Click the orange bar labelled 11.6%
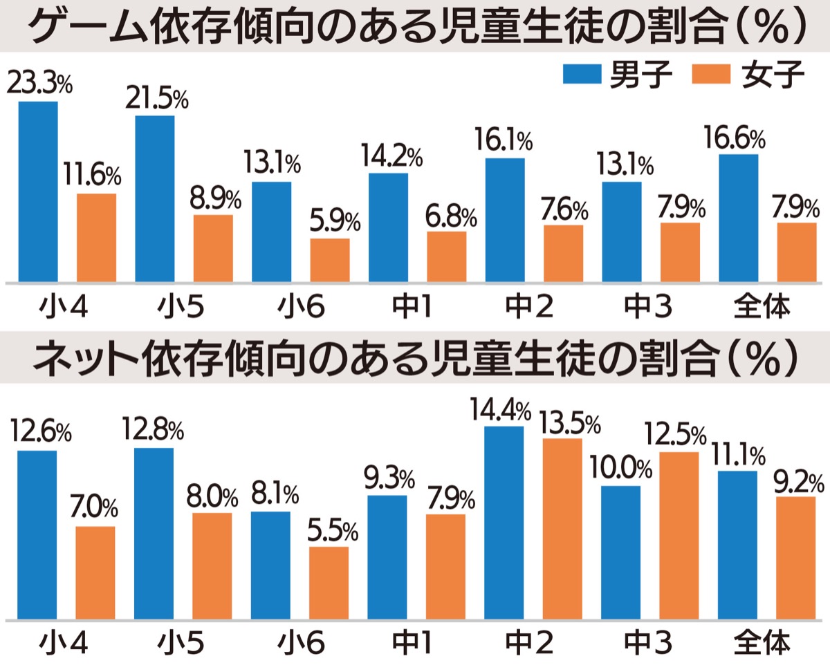pos(96,238)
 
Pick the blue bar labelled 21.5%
pos(155,199)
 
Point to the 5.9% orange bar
pos(330,261)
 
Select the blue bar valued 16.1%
pos(505,221)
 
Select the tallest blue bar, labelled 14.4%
pos(504,523)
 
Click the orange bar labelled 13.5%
pos(562,529)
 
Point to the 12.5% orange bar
pos(680,536)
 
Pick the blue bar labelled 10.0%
pos(621,552)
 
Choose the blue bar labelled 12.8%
pos(154,533)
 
